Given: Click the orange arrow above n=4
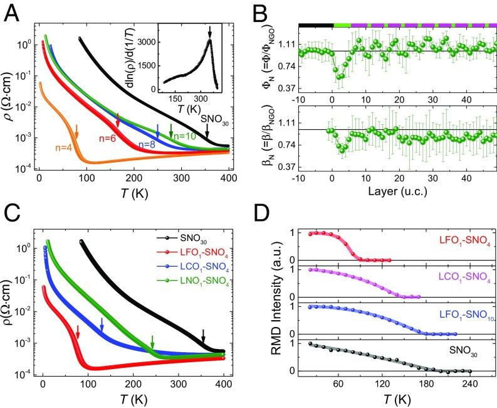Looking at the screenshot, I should tap(76, 131).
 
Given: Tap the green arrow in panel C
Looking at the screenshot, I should tap(152, 341).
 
